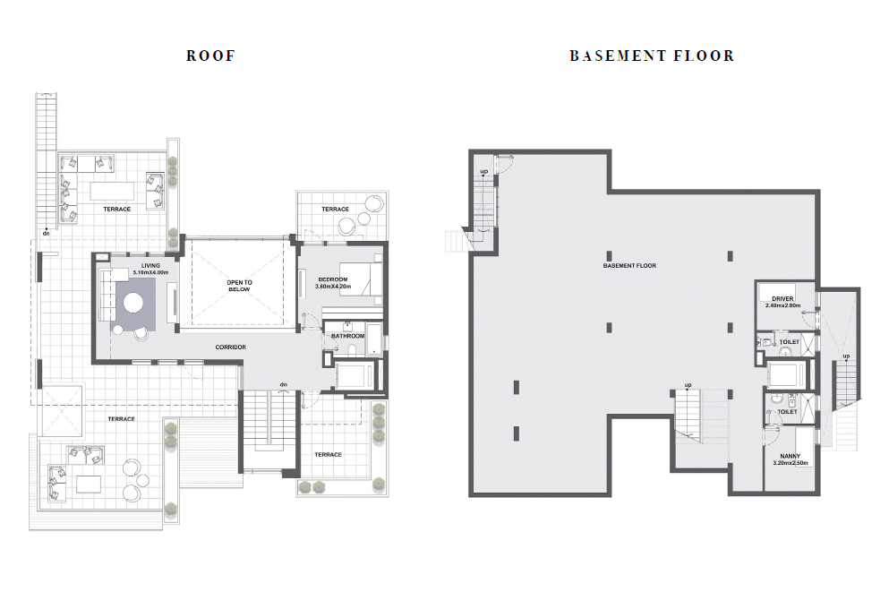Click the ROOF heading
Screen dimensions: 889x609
tap(210, 56)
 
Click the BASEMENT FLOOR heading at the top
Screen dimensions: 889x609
tap(652, 56)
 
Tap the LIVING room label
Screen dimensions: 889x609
tap(150, 265)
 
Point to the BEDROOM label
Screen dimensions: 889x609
tap(333, 279)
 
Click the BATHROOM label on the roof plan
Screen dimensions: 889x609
tap(348, 336)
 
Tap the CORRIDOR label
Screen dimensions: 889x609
tap(231, 347)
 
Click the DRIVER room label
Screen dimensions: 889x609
tap(782, 299)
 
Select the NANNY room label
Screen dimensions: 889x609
tap(790, 457)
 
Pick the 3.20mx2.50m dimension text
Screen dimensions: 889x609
tap(790, 463)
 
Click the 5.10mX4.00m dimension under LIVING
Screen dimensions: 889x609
tap(150, 272)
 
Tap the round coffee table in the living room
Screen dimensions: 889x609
tap(134, 302)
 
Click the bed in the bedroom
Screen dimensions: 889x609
tap(361, 279)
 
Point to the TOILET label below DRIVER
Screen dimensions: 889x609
tap(790, 342)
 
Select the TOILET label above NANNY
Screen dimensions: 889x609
tap(787, 412)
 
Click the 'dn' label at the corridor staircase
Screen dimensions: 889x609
tap(284, 384)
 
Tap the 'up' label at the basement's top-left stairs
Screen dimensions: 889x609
tap(484, 171)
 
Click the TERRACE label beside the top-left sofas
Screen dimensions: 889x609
tap(116, 210)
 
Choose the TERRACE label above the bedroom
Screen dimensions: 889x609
tap(335, 210)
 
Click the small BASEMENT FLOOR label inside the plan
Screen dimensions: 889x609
tap(629, 265)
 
